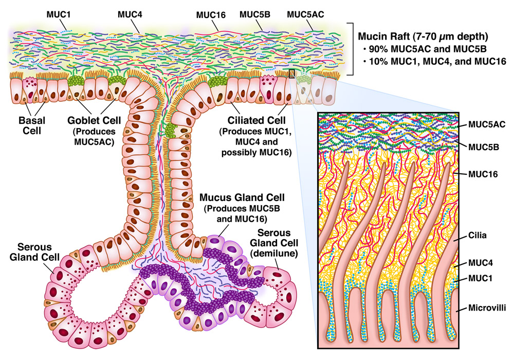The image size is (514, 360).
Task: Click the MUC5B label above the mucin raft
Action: pos(254,14)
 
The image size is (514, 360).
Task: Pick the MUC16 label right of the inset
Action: pos(482,175)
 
